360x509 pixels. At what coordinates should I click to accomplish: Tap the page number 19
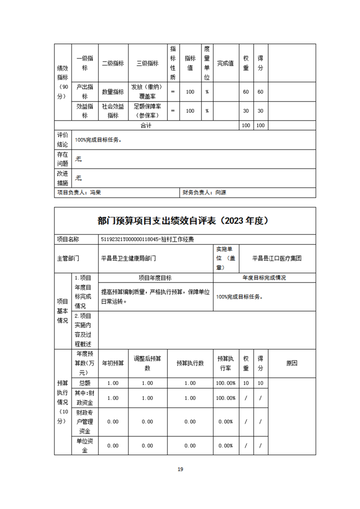180,469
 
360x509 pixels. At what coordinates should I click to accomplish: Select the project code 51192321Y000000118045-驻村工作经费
148,239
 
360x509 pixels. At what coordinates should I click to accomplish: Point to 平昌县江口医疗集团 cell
277,258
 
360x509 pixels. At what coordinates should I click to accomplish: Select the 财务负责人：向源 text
204,192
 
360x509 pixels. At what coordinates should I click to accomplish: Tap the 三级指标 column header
148,64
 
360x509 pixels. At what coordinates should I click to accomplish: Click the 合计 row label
146,125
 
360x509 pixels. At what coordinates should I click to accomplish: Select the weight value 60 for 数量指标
246,92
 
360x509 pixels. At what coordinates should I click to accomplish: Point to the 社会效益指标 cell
113,111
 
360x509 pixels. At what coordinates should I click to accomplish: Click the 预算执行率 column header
225,363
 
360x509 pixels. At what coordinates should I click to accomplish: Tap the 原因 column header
291,363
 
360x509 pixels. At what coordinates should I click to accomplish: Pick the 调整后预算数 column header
147,363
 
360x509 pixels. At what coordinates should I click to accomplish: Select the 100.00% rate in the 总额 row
225,383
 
